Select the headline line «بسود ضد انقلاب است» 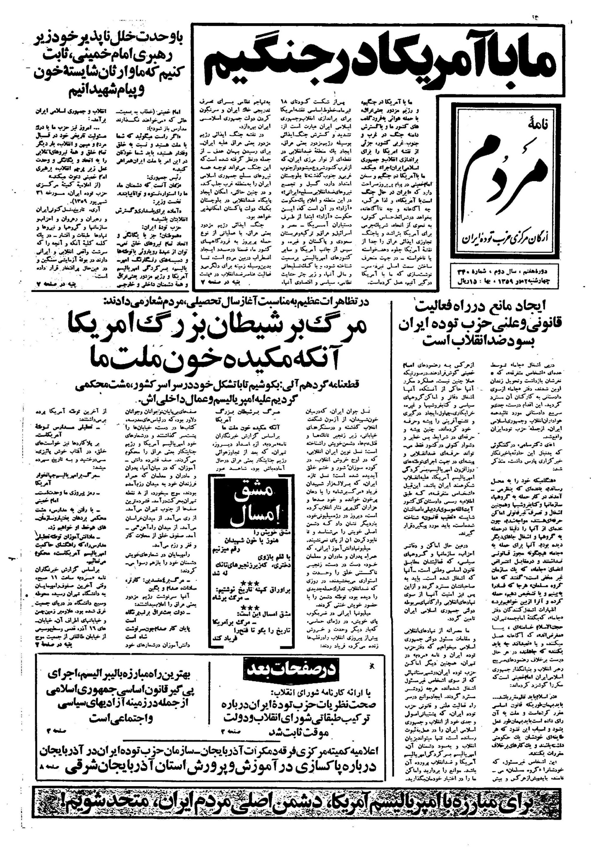(x=488, y=344)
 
